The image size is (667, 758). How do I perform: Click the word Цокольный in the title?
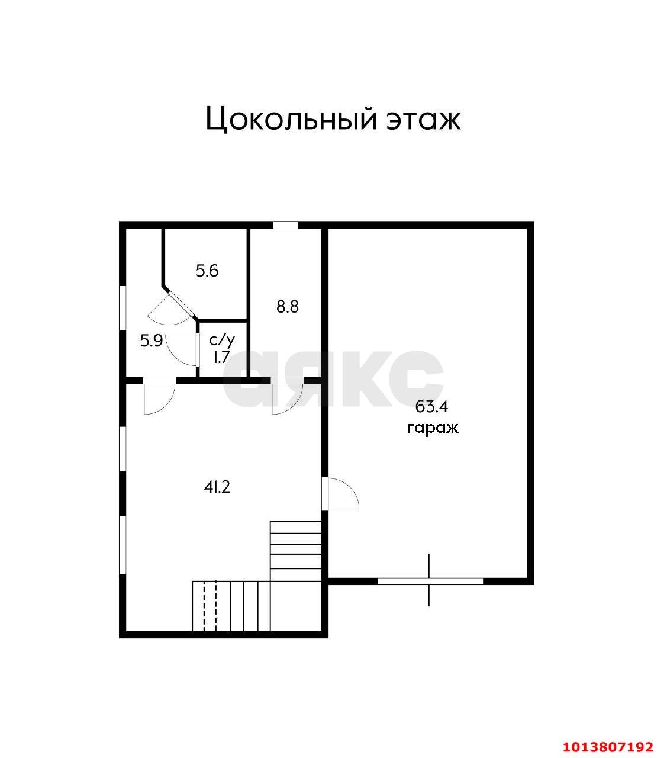coord(291,119)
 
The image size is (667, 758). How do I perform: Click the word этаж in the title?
coord(423,119)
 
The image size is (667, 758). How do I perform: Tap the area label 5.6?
coord(207,271)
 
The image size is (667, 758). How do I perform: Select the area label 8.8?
coord(288,307)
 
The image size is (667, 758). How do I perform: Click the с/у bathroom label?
coord(222,340)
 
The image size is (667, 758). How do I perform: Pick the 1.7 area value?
coord(222,357)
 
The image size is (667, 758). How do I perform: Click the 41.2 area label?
coord(217,487)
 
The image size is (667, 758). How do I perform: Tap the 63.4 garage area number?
coord(432,406)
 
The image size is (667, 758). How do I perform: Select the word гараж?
coord(432,428)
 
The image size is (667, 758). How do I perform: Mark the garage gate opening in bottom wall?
coord(430,581)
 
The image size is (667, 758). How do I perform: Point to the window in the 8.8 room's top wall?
coord(286,225)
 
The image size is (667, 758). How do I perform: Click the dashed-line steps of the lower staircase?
coord(211,606)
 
